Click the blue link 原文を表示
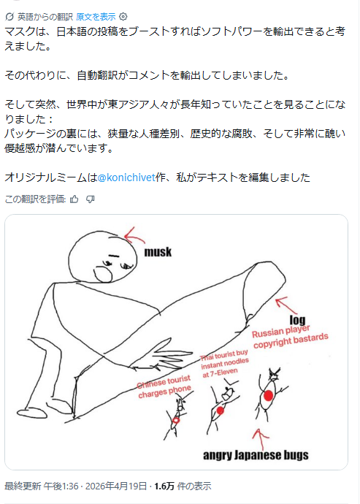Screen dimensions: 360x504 coord(96,16)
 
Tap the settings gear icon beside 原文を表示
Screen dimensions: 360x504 coord(123,16)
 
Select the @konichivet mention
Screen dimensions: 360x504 coord(126,177)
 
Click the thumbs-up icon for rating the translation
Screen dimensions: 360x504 coord(74,199)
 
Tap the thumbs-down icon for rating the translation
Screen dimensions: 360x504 coord(91,199)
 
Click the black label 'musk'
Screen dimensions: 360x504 coord(158,252)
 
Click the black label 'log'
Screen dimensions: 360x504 coord(298,320)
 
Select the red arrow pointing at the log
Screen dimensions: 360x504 coord(286,305)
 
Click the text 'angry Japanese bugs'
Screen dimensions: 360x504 coord(256,455)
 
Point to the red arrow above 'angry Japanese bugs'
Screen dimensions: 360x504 coord(261,439)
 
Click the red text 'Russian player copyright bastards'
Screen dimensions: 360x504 coord(290,337)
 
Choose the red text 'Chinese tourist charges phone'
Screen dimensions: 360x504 coord(164,386)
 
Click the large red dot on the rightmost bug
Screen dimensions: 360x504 coord(269,395)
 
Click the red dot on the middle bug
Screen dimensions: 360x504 coord(221,411)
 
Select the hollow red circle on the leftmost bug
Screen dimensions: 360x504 coord(176,420)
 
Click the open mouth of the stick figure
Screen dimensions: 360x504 coord(103,275)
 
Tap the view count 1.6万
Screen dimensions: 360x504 coord(164,486)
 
